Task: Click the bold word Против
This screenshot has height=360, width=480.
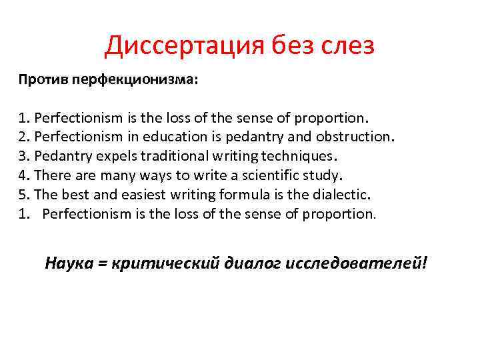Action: (39, 80)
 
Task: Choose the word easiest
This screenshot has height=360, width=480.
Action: (136, 195)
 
